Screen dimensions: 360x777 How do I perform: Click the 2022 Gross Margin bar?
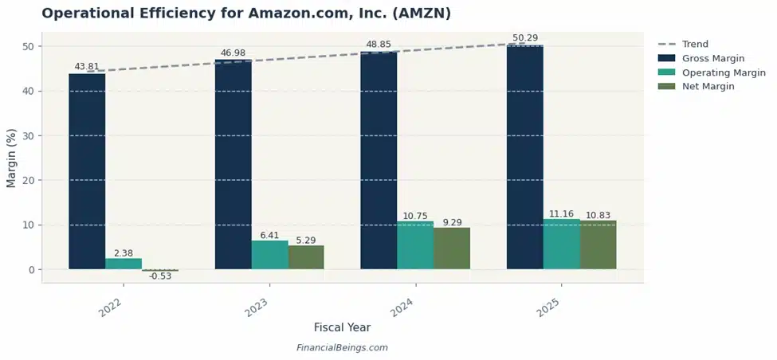pos(87,171)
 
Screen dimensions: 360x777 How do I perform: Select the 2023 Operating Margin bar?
pos(269,255)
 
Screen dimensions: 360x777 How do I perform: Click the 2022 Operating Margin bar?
pos(124,264)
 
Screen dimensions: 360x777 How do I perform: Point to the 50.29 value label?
pos(524,38)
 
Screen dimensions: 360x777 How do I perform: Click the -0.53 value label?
pos(160,276)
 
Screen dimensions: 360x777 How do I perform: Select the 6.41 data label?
pos(269,235)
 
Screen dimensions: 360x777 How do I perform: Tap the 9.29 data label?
pos(452,222)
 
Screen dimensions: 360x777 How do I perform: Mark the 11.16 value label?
pos(561,214)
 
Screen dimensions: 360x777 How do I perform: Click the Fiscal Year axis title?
pos(342,327)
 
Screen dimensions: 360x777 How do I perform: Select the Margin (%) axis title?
pos(11,157)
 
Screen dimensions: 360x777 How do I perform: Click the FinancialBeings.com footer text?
pos(342,348)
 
